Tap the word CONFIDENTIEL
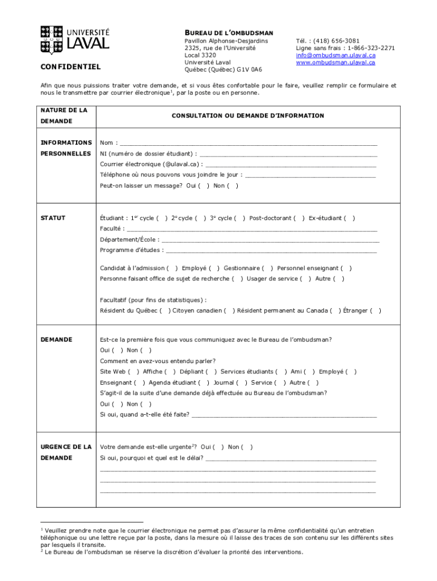[x=70, y=67]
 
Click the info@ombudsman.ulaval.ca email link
[x=335, y=56]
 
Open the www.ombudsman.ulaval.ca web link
[x=335, y=62]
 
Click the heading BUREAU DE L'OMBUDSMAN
[x=229, y=33]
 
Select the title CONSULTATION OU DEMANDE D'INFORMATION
[x=248, y=116]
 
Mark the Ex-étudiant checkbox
[x=350, y=218]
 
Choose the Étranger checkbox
[x=376, y=311]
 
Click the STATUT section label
[x=53, y=218]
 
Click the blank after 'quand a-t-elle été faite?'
[x=284, y=415]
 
